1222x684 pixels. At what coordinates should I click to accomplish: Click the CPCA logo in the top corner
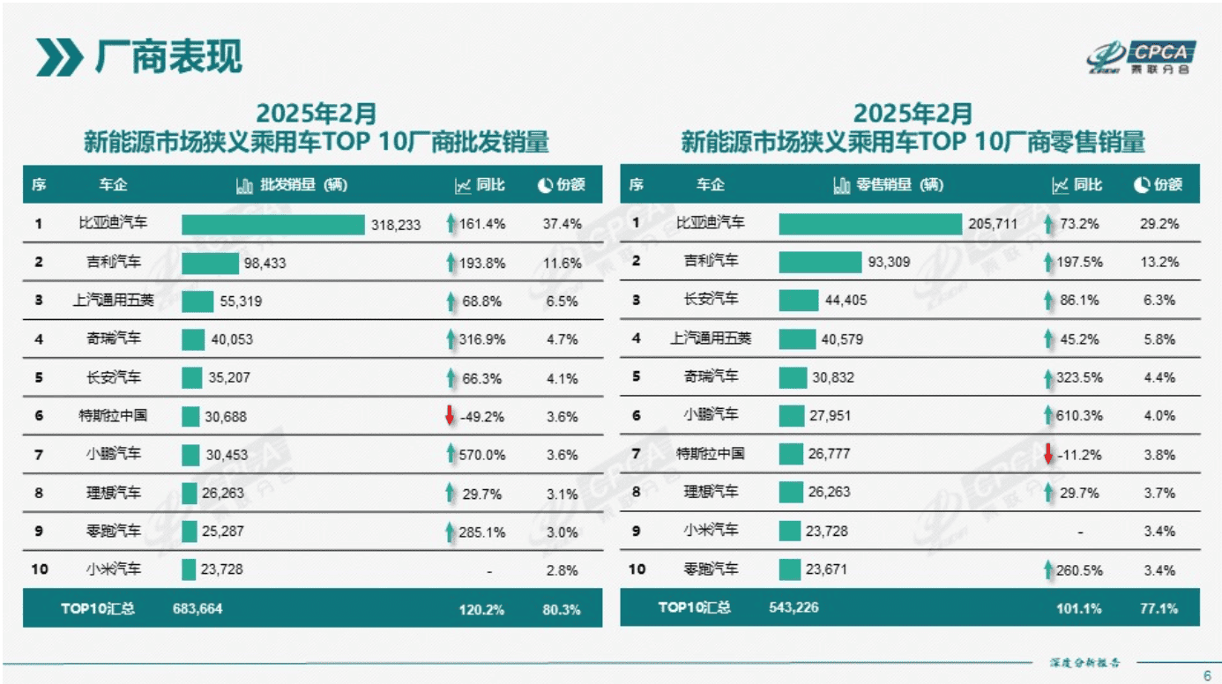[x=1141, y=56]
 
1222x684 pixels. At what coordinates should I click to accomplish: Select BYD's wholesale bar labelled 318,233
[x=272, y=225]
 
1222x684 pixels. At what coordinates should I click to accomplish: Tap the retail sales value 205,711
[x=993, y=224]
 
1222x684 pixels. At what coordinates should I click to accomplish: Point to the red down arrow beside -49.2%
[x=450, y=416]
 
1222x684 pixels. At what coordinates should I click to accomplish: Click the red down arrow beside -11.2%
[x=1048, y=454]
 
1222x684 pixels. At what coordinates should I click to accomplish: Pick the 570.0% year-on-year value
[x=482, y=455]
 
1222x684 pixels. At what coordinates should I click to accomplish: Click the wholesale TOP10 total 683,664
[x=191, y=609]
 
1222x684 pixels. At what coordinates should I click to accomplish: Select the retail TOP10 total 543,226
[x=788, y=608]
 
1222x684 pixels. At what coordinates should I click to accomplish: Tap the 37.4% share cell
[x=562, y=224]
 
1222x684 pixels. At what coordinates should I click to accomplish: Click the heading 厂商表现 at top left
[x=168, y=57]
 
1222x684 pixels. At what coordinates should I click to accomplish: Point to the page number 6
[x=1207, y=675]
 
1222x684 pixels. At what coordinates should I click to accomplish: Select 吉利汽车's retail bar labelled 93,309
[x=819, y=262]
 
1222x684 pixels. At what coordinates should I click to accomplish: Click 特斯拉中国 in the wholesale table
[x=114, y=416]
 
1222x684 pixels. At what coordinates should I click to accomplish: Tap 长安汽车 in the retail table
[x=711, y=301]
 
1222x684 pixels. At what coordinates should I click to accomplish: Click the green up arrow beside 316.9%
[x=451, y=339]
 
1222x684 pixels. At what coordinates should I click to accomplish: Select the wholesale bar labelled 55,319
[x=197, y=301]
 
